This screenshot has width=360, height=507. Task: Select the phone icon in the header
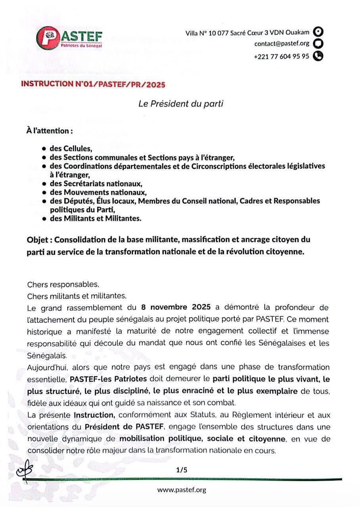[318, 56]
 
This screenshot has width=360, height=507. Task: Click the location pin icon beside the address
[318, 32]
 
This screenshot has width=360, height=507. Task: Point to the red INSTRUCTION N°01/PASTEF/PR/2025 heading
[93, 84]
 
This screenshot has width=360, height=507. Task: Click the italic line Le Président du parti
[181, 104]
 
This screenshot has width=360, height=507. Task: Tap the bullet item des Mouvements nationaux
[98, 193]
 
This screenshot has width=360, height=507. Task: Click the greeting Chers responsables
[63, 284]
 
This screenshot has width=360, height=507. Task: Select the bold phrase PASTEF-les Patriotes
[108, 379]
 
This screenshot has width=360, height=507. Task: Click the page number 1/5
[181, 470]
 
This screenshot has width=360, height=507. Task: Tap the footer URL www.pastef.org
[182, 490]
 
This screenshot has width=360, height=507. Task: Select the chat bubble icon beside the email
[318, 44]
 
